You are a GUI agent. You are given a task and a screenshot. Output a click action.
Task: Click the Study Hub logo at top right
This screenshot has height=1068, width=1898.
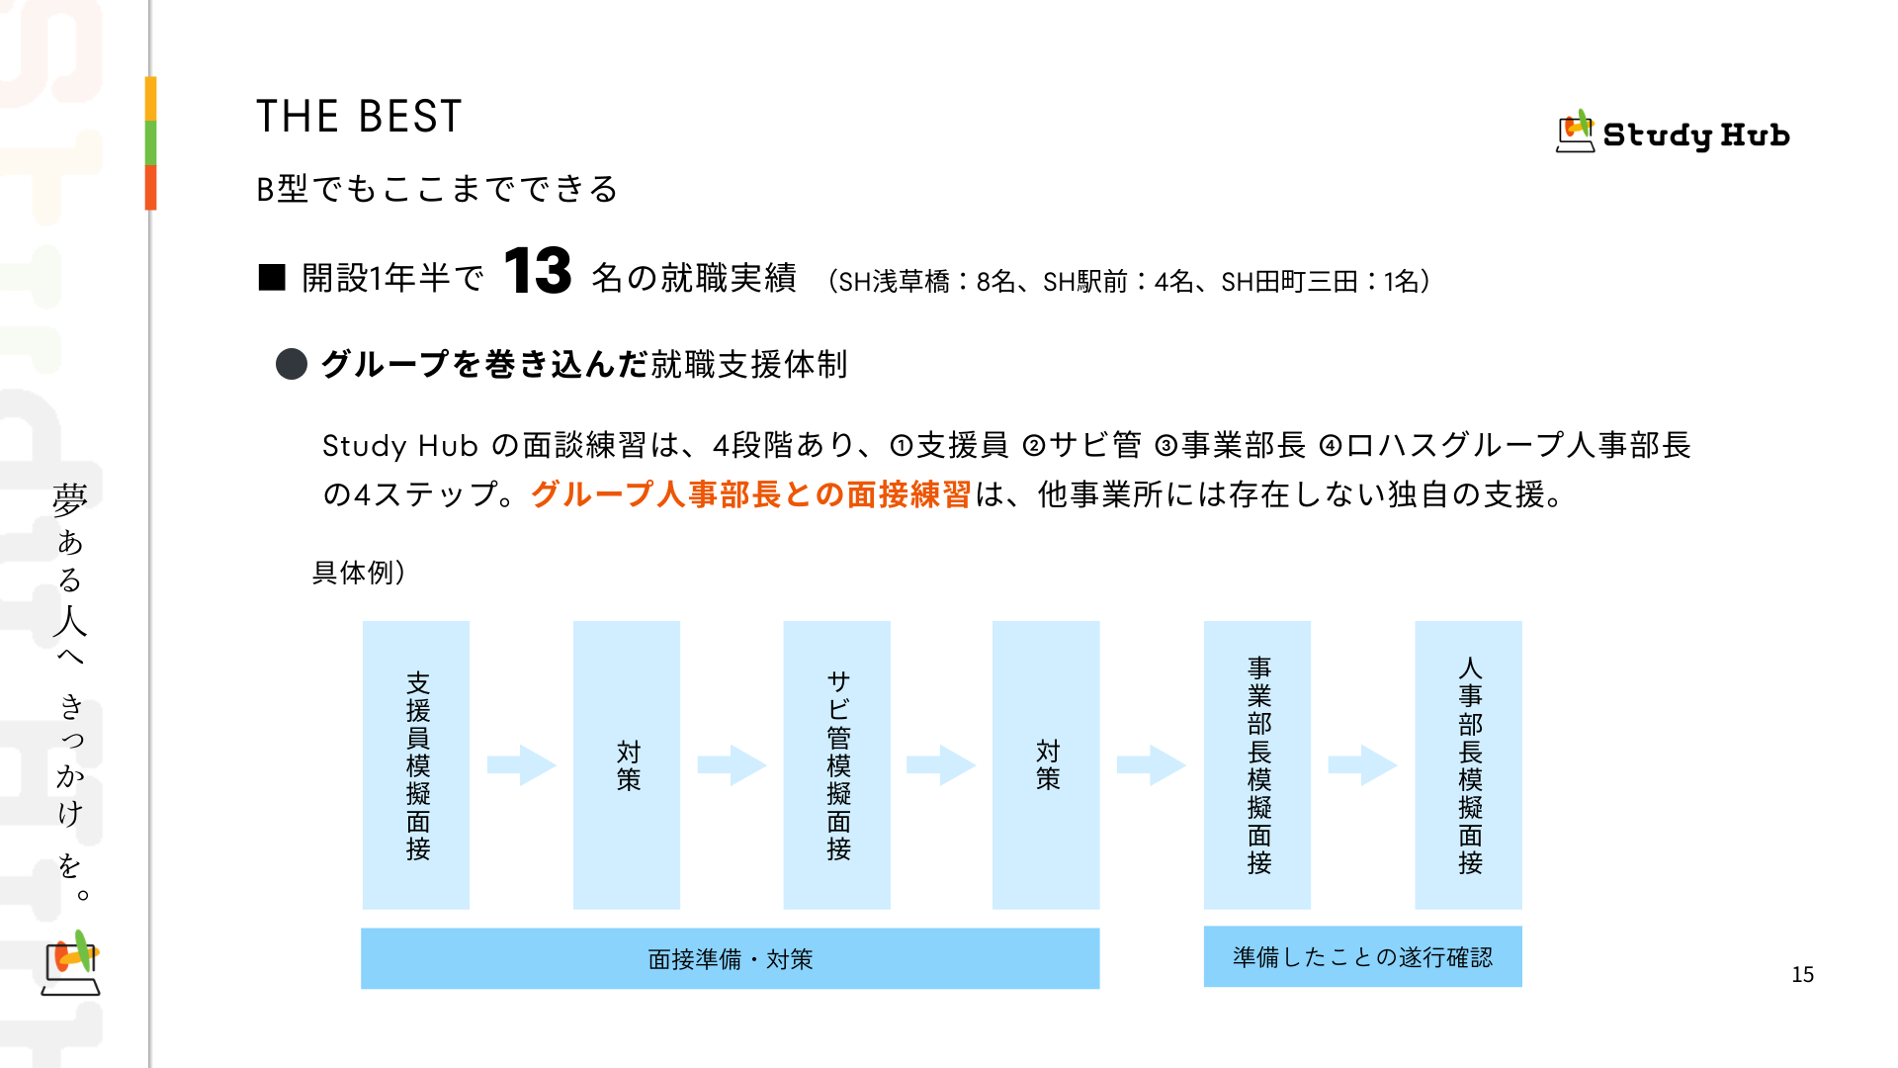click(1673, 133)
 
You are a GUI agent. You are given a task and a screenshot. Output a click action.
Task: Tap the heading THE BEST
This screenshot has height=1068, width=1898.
click(359, 117)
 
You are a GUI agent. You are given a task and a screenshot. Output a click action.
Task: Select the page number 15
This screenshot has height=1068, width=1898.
click(1802, 975)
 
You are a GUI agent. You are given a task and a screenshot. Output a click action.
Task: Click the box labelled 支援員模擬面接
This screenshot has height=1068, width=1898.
click(416, 764)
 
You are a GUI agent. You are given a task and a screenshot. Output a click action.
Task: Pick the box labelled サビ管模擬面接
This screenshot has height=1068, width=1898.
click(836, 764)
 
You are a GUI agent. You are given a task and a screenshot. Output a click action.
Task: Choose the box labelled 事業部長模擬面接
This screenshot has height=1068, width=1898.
click(1256, 764)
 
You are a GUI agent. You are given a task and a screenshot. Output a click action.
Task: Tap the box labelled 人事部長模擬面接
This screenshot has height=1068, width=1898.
click(1468, 764)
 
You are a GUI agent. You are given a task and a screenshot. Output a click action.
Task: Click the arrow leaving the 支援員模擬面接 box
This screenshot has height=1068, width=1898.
click(522, 764)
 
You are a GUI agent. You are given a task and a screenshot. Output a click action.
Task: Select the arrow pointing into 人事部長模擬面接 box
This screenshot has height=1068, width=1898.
click(1362, 764)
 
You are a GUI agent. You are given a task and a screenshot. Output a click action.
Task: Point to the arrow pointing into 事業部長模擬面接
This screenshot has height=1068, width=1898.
click(1151, 764)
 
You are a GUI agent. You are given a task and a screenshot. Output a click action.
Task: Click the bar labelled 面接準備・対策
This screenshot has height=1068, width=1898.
click(730, 958)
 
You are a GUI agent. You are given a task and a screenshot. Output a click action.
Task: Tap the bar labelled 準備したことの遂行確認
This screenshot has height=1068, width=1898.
click(1362, 956)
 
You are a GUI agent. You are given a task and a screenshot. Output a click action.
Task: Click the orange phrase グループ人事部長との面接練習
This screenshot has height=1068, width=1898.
click(750, 494)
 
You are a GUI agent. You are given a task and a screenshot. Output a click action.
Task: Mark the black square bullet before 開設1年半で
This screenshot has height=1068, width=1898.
click(272, 278)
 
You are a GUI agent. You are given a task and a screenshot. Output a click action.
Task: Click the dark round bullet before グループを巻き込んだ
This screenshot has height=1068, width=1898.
click(292, 364)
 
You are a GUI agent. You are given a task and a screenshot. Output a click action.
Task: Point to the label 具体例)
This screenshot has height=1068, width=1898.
click(359, 573)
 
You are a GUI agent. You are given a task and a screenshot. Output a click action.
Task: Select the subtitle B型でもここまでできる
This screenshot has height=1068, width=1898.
click(437, 189)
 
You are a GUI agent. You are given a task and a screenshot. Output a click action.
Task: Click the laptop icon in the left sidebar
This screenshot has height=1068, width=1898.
click(71, 964)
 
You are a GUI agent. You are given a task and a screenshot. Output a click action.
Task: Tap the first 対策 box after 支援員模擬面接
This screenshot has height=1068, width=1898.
click(627, 764)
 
